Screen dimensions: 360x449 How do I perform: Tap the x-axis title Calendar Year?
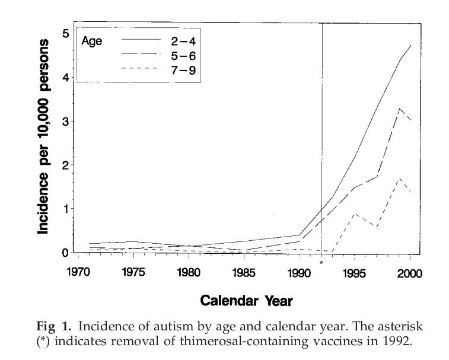(247, 301)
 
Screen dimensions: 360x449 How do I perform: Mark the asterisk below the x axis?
(321, 262)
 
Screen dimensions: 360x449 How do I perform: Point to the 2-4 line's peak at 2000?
(410, 45)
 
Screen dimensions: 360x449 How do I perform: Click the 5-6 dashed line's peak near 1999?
(399, 109)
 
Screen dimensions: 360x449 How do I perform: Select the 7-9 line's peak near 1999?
(399, 178)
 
